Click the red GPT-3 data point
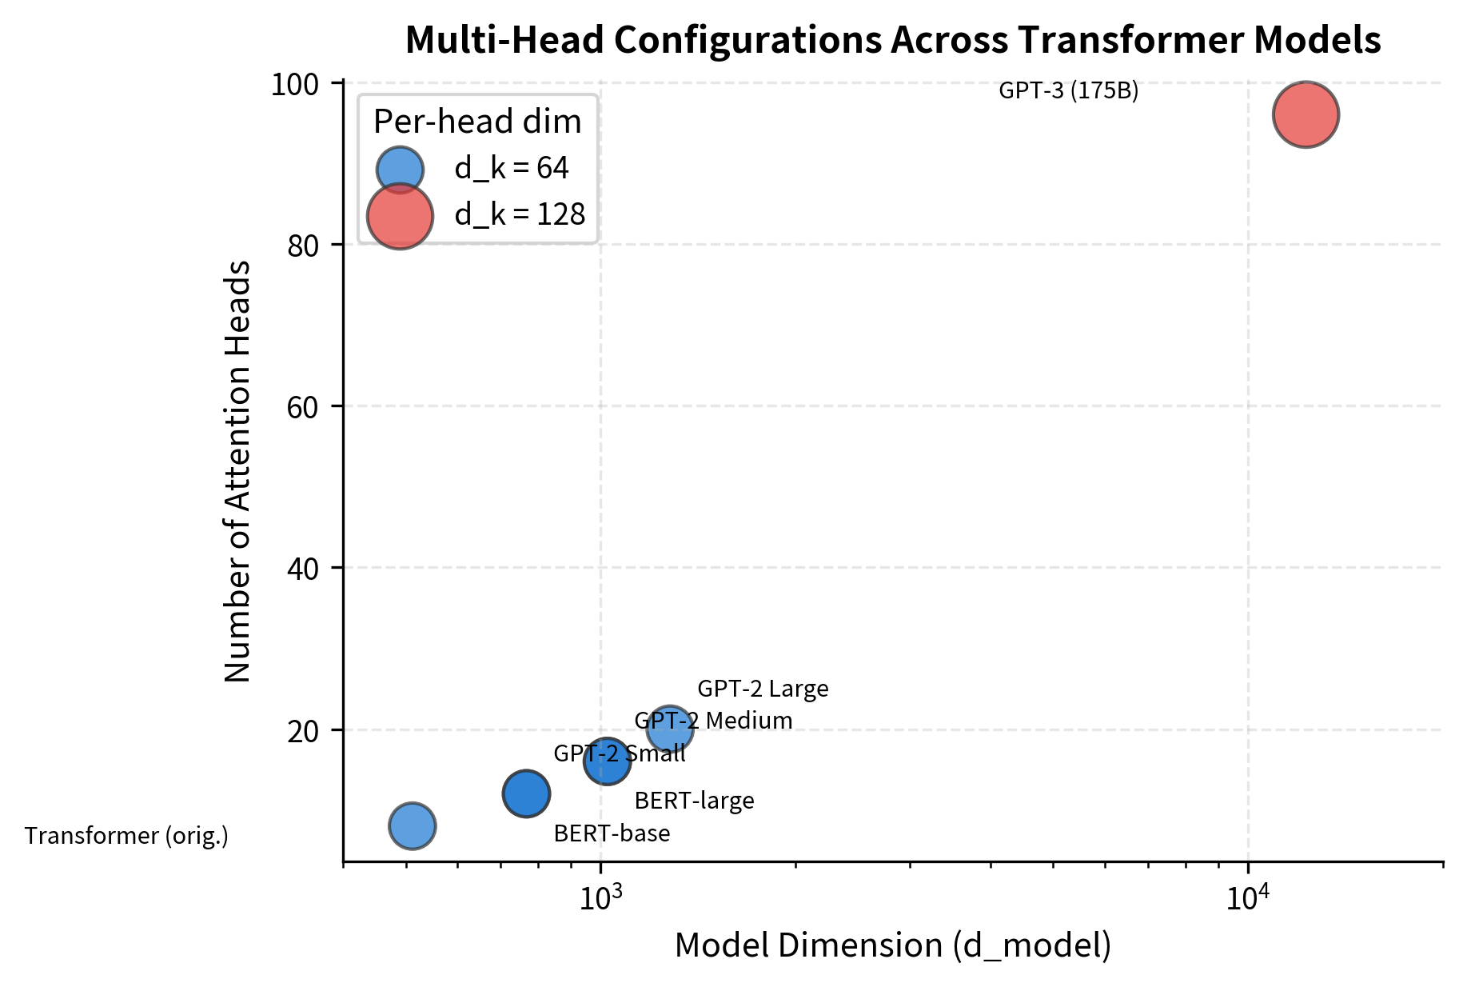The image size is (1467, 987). (x=1306, y=114)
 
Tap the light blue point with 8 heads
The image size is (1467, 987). (x=412, y=825)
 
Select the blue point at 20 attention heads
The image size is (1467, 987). (x=670, y=729)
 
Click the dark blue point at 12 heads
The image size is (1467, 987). (x=526, y=793)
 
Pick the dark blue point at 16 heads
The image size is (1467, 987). (x=607, y=761)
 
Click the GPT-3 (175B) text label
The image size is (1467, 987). (x=1068, y=91)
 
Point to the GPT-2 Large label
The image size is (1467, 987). (x=763, y=689)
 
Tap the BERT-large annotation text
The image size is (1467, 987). (x=694, y=801)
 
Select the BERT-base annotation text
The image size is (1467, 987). (x=612, y=833)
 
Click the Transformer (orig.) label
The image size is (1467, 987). (x=126, y=836)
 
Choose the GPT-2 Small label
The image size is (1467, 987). (x=620, y=753)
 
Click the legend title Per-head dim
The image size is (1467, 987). (x=477, y=122)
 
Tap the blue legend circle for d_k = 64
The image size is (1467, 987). (x=400, y=169)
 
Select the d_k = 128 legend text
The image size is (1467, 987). (x=520, y=214)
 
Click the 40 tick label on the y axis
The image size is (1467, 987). (x=304, y=569)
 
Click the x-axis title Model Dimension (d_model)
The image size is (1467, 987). (x=892, y=945)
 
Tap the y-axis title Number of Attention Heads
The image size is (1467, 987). (x=237, y=471)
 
